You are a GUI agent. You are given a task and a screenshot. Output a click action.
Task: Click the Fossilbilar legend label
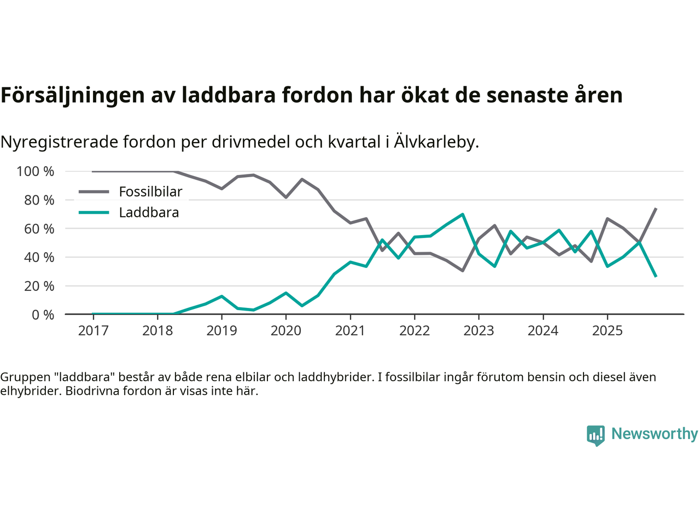point(150,192)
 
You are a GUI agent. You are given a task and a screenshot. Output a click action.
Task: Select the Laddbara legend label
point(149,213)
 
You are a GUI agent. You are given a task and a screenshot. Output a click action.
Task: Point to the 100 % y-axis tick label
point(36,172)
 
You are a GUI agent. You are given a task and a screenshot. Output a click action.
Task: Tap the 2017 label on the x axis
point(93,330)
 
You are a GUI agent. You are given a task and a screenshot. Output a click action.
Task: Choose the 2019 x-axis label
point(221,330)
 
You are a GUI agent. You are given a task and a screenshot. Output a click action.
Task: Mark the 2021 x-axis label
point(350,330)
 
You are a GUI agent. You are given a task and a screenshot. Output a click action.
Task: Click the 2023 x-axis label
point(479,330)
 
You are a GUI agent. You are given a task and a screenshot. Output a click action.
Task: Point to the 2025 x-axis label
point(607,330)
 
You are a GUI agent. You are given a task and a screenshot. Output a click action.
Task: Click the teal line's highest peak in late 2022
point(463,214)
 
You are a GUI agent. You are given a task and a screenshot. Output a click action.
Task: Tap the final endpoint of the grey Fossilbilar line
point(656,208)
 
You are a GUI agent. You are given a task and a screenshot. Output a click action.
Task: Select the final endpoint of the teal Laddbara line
point(656,277)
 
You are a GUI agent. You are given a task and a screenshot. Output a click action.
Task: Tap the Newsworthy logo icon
point(596,435)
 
